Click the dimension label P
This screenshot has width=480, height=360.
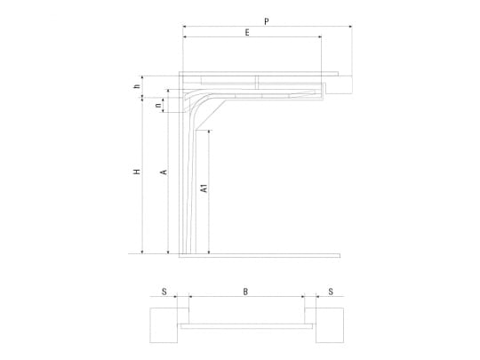tap(267, 21)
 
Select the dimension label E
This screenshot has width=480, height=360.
tap(247, 32)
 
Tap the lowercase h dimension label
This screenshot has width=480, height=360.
tap(137, 86)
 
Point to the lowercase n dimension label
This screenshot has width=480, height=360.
tap(158, 105)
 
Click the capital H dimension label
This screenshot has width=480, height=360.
tap(137, 172)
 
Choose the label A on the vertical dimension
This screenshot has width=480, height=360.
tap(164, 172)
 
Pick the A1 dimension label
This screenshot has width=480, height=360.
tap(204, 188)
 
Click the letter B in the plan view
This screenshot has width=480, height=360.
tap(245, 292)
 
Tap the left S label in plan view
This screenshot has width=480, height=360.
tap(164, 292)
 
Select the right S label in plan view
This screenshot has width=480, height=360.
tap(331, 292)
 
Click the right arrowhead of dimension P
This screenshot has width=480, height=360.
tap(350, 27)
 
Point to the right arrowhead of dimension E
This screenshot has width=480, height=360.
tap(320, 36)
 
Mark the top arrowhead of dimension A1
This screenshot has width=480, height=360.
tap(209, 132)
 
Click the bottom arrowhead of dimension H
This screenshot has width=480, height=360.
tap(142, 252)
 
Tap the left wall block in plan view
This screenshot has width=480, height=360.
tap(164, 325)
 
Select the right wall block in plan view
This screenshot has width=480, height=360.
tap(330, 325)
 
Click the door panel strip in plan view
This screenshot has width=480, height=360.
tap(246, 326)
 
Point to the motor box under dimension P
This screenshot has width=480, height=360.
tap(339, 84)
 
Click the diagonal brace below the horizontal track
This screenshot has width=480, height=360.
tap(211, 115)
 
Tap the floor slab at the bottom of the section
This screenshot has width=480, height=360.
tap(260, 256)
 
